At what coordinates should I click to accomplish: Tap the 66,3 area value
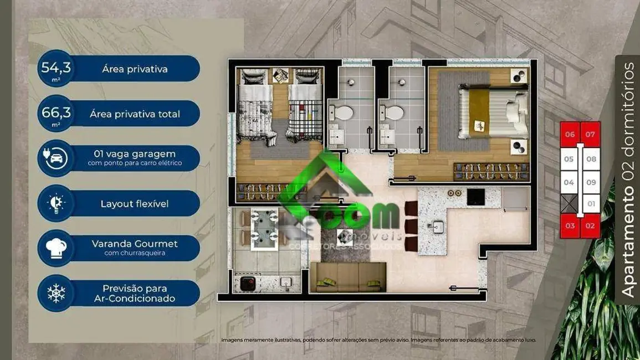point(56,113)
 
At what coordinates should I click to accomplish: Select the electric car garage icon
point(56,158)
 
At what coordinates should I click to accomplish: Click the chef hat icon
point(56,248)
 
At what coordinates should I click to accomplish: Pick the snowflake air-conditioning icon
point(56,293)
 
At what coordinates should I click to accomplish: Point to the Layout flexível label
point(135,204)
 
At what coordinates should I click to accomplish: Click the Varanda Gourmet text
point(135,244)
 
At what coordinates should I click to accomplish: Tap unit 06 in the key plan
point(570,135)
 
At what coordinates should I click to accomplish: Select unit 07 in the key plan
point(591,135)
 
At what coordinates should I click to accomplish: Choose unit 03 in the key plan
point(570,226)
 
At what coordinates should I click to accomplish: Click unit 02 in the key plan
point(591,226)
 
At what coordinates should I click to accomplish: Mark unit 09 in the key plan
point(591,182)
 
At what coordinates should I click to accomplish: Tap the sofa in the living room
point(348,276)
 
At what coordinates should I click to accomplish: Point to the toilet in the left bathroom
point(342,113)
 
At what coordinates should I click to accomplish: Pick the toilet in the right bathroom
point(393,113)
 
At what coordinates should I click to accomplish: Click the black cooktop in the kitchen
point(475,197)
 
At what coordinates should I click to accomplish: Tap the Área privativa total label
point(135,114)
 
